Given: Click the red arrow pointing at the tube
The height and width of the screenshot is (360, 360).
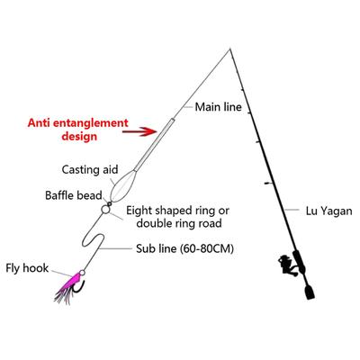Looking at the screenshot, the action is (139, 131).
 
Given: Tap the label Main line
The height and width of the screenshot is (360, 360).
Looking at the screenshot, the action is (218, 107).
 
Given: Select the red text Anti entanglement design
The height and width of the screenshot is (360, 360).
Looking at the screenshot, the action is (78, 130).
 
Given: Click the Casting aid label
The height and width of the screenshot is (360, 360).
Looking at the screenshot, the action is (90, 170).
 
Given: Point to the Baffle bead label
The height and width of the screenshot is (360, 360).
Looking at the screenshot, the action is (74, 195).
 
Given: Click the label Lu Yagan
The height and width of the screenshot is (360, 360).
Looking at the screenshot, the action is (328, 211).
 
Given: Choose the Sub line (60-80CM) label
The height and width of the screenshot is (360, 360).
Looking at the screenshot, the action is (184, 248).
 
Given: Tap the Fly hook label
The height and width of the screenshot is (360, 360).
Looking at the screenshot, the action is (27, 268).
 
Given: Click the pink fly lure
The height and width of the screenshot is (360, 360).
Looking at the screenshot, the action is (69, 286).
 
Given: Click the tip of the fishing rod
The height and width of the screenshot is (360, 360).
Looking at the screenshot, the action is (230, 49).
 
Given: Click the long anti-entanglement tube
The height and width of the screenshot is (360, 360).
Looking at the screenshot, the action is (154, 145).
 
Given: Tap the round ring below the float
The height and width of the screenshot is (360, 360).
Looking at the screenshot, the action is (105, 210).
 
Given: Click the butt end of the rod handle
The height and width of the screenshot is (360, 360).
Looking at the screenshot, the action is (310, 298).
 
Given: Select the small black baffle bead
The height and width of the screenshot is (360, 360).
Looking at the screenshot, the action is (110, 204).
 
